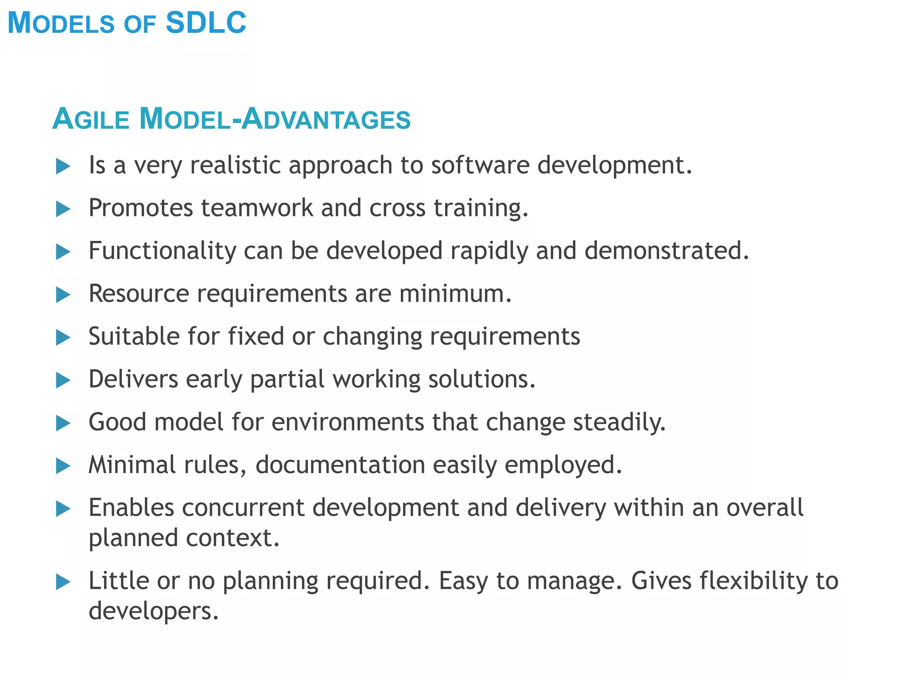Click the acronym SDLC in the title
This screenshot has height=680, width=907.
[x=205, y=23]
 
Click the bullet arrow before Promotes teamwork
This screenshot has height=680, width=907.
[x=63, y=209]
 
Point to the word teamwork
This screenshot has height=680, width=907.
[x=257, y=208]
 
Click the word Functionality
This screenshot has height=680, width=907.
[x=162, y=251]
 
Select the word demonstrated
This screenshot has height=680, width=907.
[x=667, y=251]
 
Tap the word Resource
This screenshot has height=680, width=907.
[x=139, y=294]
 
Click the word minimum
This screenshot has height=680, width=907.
[x=455, y=294]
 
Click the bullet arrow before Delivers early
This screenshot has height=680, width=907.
[x=63, y=380]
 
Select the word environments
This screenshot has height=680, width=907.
[x=348, y=422]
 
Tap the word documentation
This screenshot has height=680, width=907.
[x=340, y=465]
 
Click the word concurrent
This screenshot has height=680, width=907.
[x=243, y=508]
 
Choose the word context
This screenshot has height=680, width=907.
[x=233, y=538]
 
